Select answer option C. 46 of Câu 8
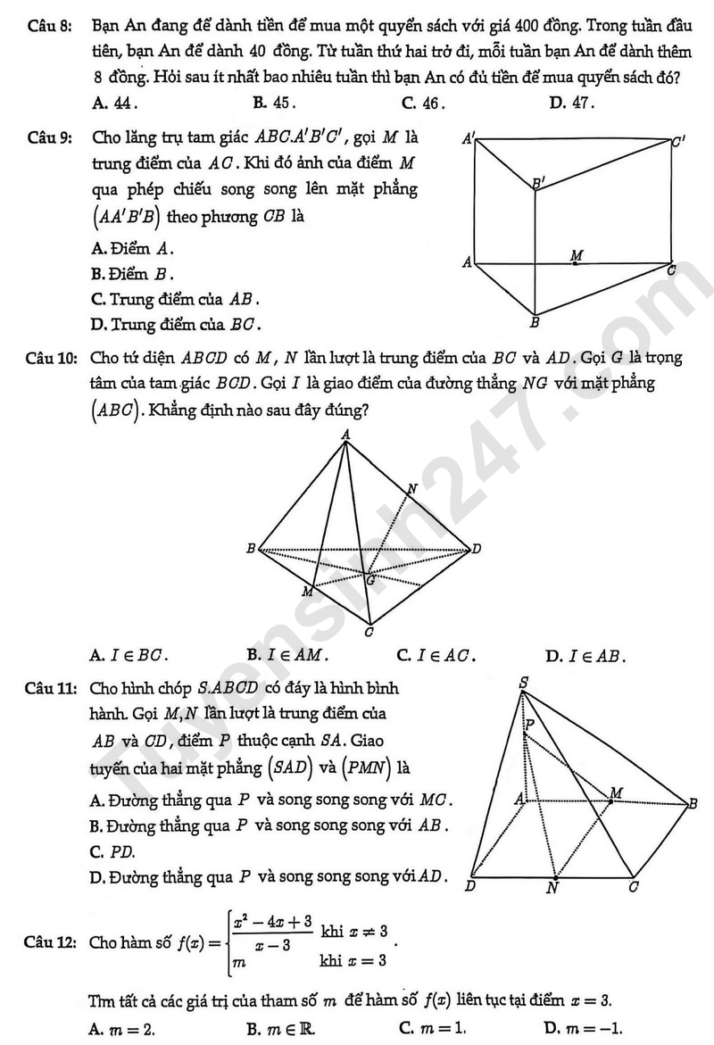click(x=423, y=103)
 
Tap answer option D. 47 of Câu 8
click(x=571, y=103)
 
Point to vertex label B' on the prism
click(x=538, y=184)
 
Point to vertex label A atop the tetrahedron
click(x=345, y=435)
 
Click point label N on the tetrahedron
click(x=411, y=488)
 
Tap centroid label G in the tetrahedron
click(x=370, y=580)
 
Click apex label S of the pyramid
click(x=523, y=684)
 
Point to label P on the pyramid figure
click(x=529, y=725)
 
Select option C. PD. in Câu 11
click(x=110, y=852)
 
